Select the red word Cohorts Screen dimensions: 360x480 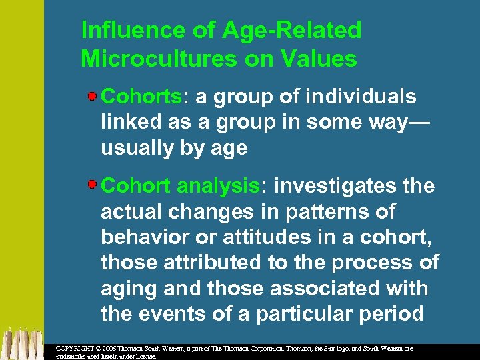(141, 97)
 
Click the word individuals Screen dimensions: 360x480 (361, 97)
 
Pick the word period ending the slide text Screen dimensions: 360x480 (393, 313)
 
